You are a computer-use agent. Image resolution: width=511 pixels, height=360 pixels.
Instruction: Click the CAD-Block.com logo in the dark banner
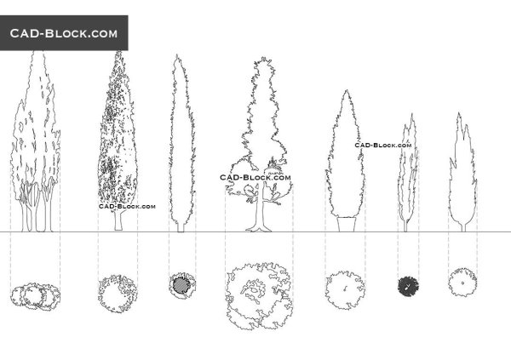[64, 33]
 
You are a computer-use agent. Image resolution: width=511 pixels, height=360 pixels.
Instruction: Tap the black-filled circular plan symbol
[408, 286]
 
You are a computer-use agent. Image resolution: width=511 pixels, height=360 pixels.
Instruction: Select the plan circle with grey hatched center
[182, 285]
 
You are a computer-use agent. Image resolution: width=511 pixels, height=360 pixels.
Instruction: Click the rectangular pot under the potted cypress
[347, 224]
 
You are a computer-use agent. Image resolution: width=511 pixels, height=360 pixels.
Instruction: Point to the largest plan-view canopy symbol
[259, 296]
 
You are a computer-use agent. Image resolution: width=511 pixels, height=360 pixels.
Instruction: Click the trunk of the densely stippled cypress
[119, 221]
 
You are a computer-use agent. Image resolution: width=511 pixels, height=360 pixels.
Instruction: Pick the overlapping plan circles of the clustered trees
[35, 296]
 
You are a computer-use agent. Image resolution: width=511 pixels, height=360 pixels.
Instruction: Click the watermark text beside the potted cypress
[383, 145]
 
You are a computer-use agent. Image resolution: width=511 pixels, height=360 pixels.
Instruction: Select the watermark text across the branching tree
[255, 178]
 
